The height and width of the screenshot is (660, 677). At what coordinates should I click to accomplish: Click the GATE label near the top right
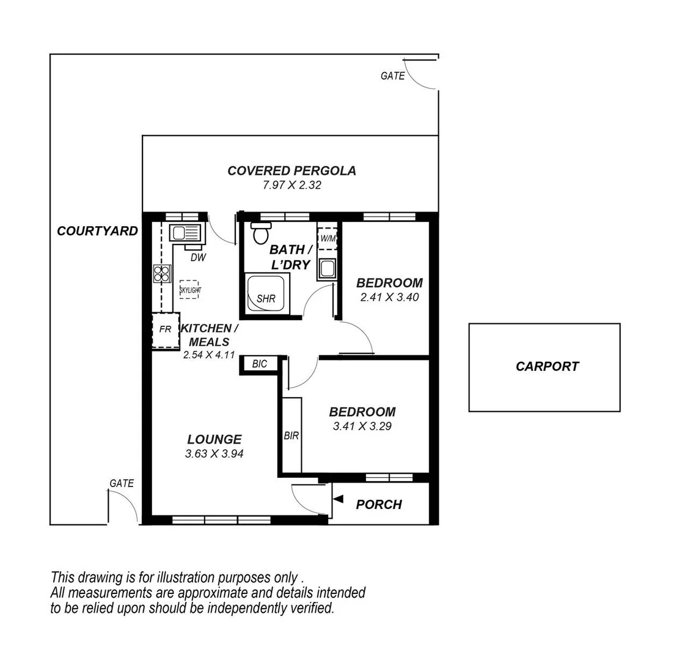392,76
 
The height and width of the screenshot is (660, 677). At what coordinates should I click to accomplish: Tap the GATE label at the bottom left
121,483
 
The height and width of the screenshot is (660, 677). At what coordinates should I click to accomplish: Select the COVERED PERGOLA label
291,170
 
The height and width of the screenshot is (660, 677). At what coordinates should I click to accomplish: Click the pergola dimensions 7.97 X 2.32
291,185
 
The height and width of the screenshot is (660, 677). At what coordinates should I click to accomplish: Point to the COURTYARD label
97,231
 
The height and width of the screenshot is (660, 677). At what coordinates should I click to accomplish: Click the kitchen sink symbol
185,233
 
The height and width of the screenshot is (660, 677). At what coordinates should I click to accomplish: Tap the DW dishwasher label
198,257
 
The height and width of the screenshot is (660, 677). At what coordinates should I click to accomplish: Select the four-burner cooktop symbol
161,273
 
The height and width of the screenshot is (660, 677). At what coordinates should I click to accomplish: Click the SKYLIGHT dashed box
190,290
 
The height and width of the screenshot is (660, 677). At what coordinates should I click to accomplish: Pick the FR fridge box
165,329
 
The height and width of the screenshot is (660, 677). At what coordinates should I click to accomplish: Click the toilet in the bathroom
262,232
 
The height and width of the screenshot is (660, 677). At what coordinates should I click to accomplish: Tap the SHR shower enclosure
266,295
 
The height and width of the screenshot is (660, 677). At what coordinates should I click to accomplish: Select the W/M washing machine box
327,238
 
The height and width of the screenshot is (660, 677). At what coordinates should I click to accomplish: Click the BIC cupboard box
260,364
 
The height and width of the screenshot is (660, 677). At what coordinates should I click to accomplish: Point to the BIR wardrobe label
291,436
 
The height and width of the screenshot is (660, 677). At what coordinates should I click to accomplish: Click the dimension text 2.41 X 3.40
389,298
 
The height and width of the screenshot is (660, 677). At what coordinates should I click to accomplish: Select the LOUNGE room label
214,439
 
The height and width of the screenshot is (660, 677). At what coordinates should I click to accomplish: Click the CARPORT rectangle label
547,367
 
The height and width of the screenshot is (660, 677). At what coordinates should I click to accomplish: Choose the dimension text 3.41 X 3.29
362,426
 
